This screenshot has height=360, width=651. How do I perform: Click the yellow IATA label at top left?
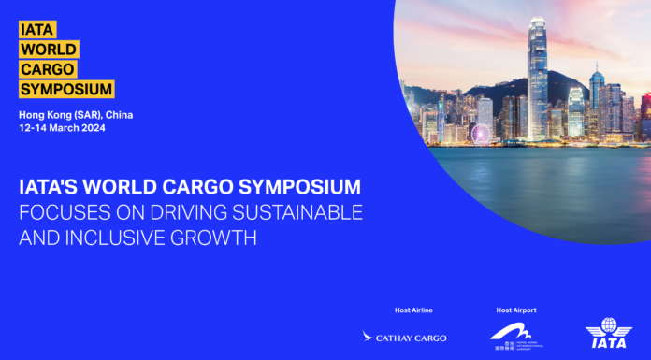(x=35, y=28)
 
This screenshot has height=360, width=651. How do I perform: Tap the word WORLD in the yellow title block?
(x=49, y=49)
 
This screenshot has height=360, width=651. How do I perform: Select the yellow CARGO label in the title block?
(x=48, y=69)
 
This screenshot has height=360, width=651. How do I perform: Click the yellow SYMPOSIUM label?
(x=66, y=90)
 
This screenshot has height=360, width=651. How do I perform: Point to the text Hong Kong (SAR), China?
(x=76, y=114)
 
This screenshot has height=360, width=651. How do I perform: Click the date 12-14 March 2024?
(x=62, y=128)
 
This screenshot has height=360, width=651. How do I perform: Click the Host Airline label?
(x=413, y=310)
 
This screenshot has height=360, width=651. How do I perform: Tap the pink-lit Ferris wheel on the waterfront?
(x=481, y=135)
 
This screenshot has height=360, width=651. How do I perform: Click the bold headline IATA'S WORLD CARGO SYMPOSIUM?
(x=190, y=185)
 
